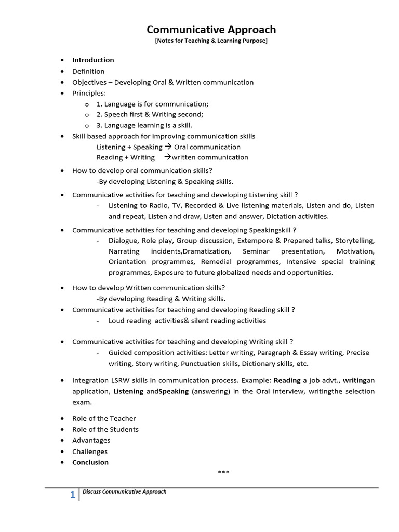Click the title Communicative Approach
[211, 30]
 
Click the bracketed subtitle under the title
[211, 41]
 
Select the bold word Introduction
[93, 60]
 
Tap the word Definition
[88, 71]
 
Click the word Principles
[89, 93]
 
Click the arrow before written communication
[167, 157]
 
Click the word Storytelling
[355, 241]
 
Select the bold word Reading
[287, 380]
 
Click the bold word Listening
[128, 391]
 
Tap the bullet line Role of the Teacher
[104, 418]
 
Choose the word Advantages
[91, 440]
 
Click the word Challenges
[90, 451]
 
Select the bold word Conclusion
[90, 462]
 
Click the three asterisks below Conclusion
[223, 472]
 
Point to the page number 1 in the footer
[73, 495]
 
